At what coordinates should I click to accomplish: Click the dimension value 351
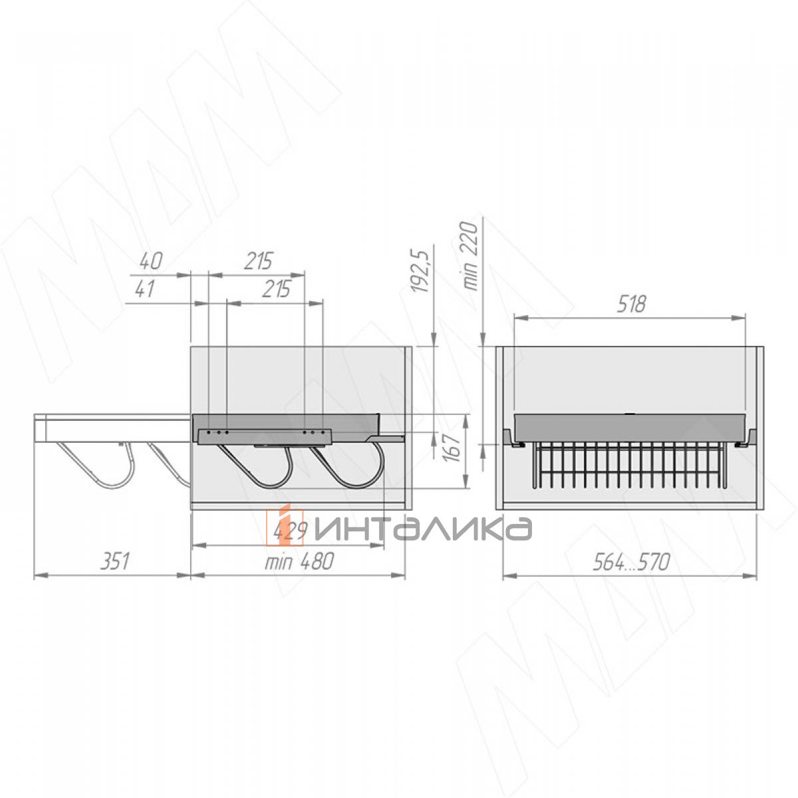click(x=114, y=561)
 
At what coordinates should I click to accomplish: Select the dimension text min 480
click(x=299, y=561)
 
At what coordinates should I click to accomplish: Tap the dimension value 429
click(x=289, y=531)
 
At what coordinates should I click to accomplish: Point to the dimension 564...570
click(x=630, y=562)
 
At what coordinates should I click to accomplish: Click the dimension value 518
click(x=631, y=305)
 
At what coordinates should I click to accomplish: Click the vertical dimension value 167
click(x=455, y=448)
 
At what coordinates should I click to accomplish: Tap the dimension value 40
click(x=150, y=261)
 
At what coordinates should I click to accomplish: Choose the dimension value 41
click(x=144, y=289)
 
